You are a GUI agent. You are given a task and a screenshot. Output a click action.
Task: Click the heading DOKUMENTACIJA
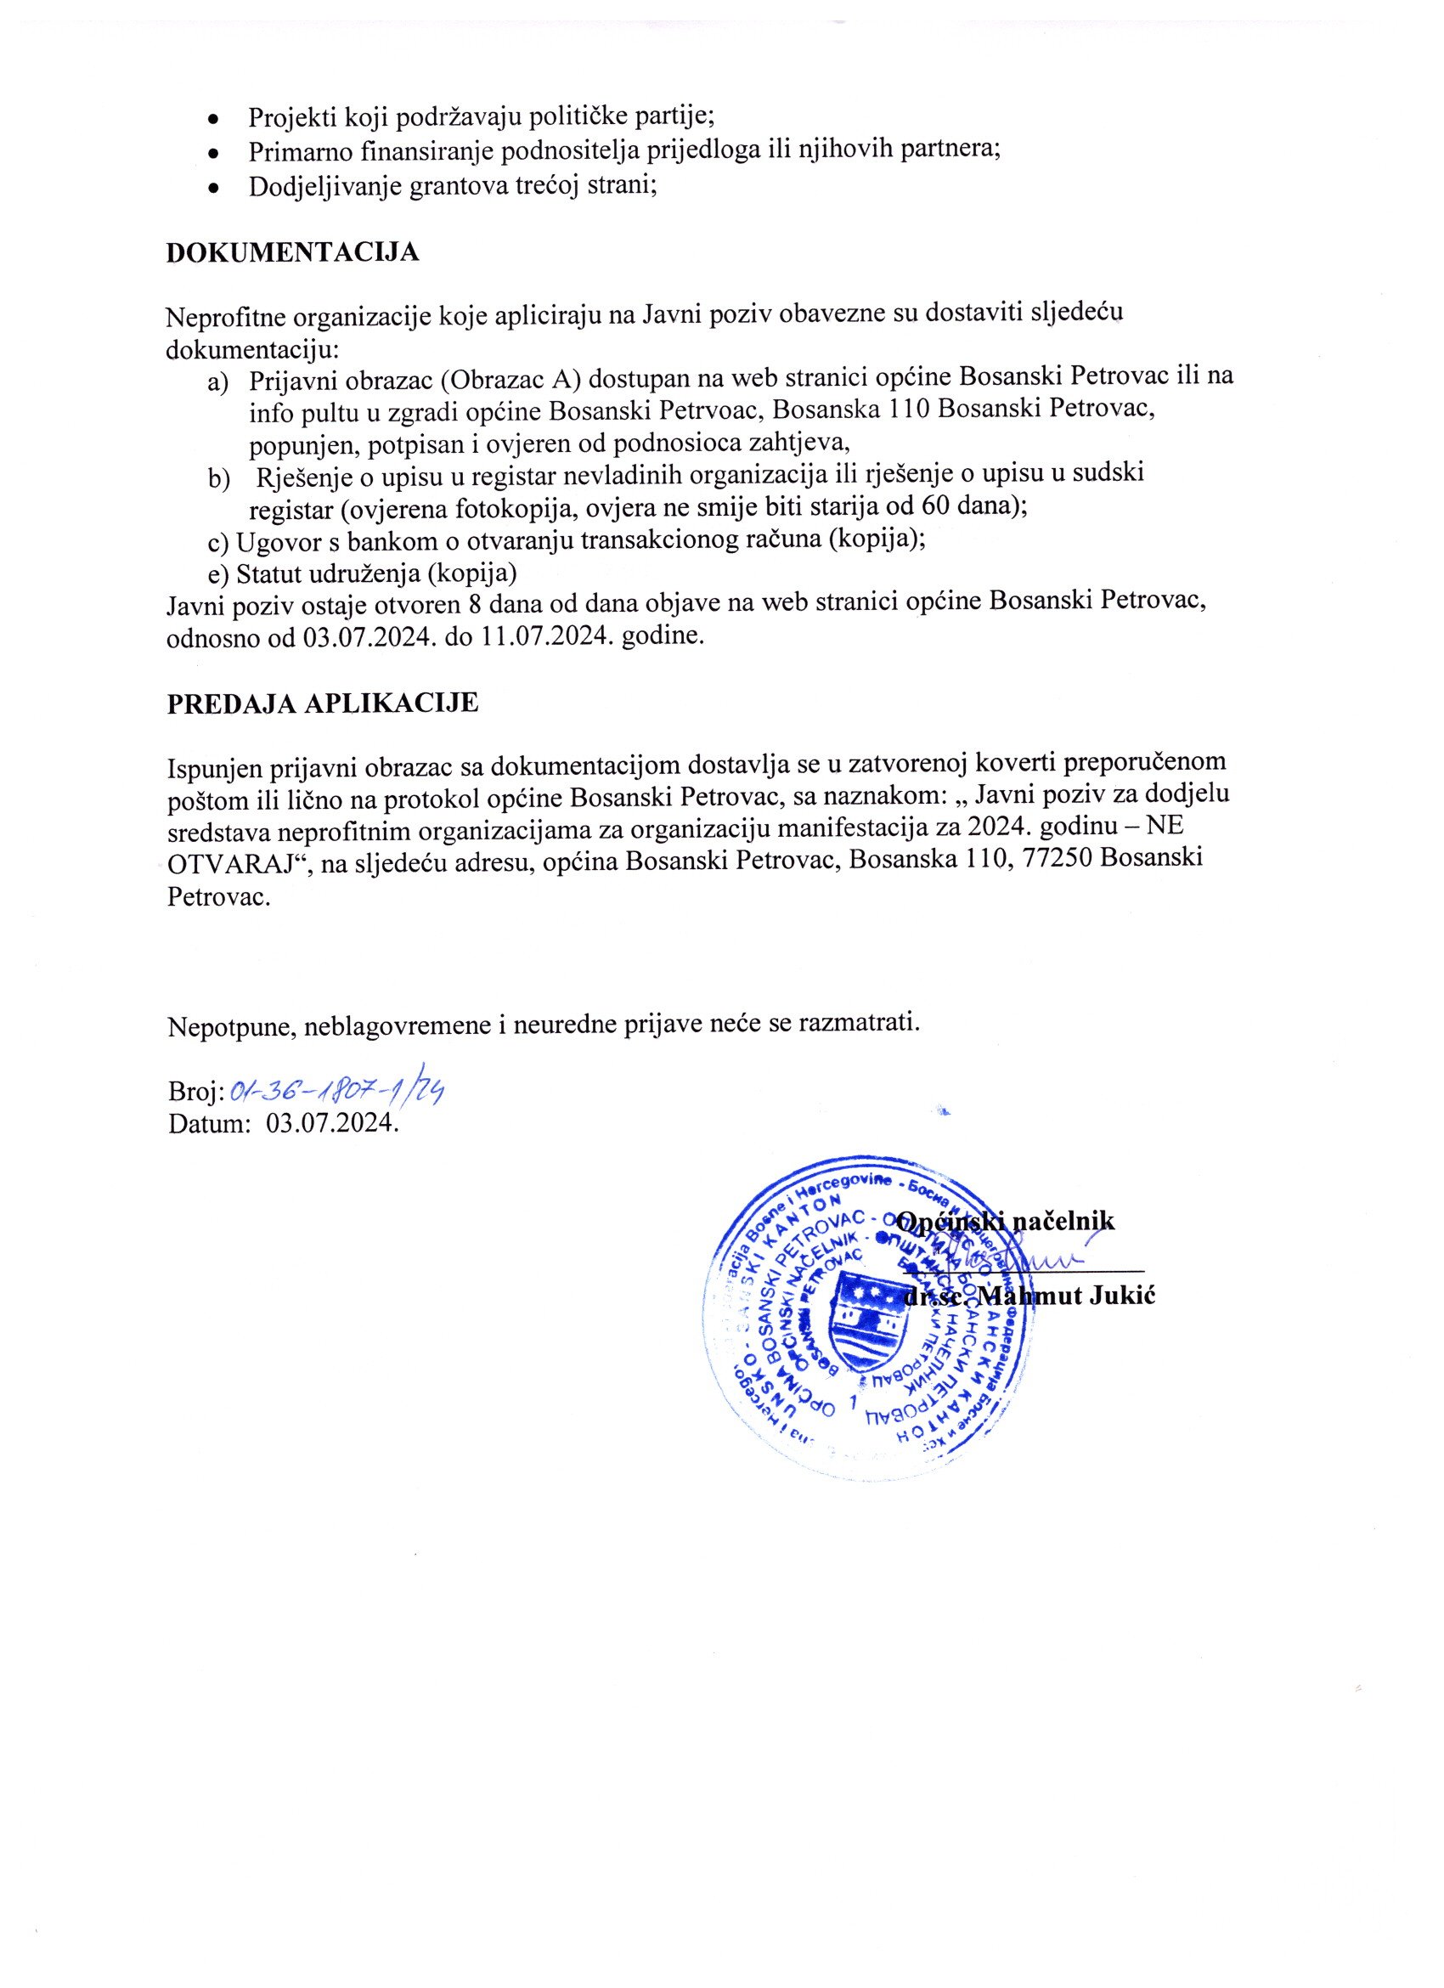click(x=293, y=252)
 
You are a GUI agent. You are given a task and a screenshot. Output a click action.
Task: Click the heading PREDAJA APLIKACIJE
click(x=323, y=703)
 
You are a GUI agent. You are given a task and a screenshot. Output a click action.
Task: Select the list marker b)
click(x=217, y=477)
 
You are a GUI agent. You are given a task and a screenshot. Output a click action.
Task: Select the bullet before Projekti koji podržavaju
click(x=212, y=118)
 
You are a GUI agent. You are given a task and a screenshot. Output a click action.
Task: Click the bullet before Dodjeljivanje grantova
click(x=212, y=188)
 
